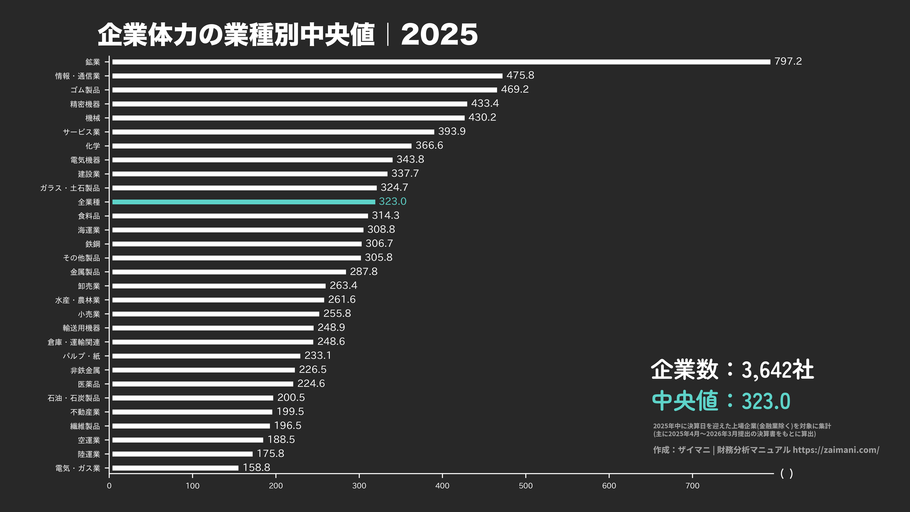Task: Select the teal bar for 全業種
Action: point(244,202)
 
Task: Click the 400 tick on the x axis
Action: point(442,485)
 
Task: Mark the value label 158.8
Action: point(256,467)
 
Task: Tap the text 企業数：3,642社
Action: point(732,370)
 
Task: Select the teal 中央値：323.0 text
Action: point(721,401)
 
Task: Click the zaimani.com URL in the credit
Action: point(836,450)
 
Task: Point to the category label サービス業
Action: point(81,132)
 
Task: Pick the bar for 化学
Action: point(262,146)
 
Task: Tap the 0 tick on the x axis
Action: point(109,485)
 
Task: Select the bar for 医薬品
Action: point(203,384)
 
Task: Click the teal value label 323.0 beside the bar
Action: point(392,201)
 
